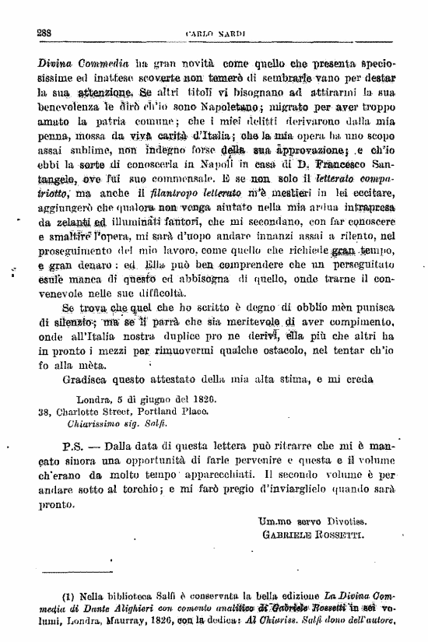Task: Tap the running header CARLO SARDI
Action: pos(216,33)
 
